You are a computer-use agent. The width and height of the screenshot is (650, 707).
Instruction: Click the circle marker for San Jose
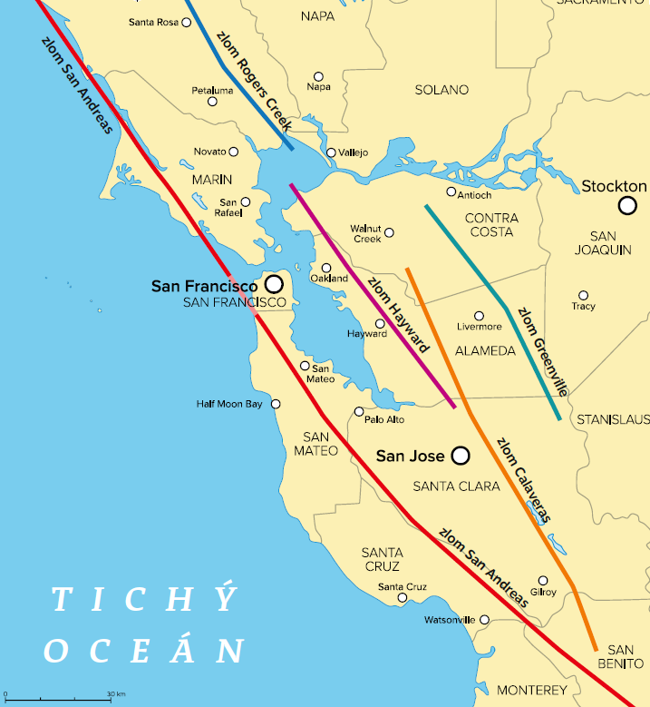[x=461, y=455]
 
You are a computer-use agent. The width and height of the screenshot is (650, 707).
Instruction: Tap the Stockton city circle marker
[x=627, y=206]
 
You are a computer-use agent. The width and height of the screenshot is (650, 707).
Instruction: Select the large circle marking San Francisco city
[x=274, y=284]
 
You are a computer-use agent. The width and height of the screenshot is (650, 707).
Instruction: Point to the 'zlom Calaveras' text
[x=523, y=479]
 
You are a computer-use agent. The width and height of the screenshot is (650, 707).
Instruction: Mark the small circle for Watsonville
[x=484, y=620]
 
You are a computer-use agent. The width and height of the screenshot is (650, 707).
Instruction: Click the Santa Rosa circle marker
[x=187, y=22]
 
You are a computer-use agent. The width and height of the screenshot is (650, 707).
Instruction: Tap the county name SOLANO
[x=441, y=90]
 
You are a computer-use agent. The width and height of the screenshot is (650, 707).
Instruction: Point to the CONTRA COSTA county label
[x=491, y=225]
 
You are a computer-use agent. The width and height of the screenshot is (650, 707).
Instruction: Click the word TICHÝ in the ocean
[x=144, y=600]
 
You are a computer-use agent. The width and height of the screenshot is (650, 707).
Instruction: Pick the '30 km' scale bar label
[x=115, y=694]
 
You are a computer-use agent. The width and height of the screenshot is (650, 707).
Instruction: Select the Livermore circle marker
[x=480, y=316]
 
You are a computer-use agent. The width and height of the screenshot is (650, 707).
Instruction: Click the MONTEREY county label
[x=532, y=691]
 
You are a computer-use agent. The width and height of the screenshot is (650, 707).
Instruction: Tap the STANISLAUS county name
[x=613, y=419]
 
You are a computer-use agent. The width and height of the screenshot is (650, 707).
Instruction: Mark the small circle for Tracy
[x=584, y=295]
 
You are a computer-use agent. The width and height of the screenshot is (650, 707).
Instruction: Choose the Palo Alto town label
[x=384, y=420]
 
